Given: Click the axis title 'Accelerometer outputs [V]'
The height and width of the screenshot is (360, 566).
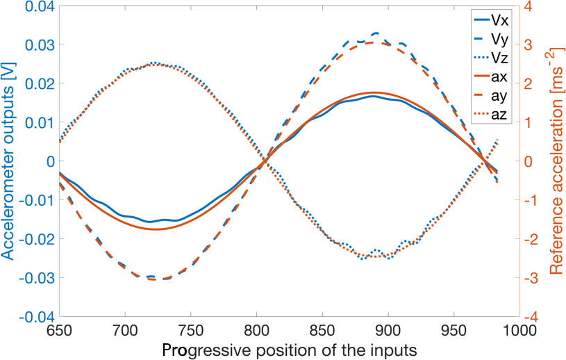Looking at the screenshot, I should click(9, 161).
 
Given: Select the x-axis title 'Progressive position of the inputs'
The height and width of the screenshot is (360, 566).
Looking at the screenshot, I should click(289, 350).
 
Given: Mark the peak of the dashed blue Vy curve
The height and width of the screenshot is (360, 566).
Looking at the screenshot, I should click(376, 33).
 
